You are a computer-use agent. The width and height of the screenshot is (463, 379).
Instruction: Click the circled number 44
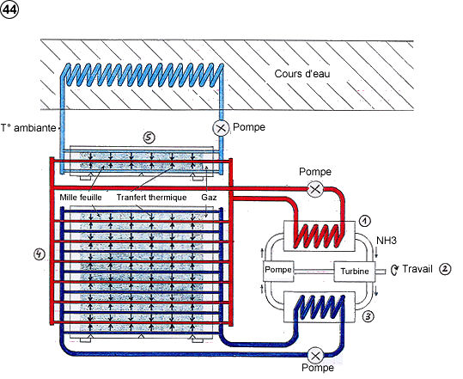[x=9, y=9]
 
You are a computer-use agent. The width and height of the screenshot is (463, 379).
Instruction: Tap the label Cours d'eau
[x=302, y=74]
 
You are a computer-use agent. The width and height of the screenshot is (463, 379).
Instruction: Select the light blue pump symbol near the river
[x=221, y=128]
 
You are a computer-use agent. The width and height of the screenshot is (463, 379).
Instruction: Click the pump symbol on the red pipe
[x=315, y=189]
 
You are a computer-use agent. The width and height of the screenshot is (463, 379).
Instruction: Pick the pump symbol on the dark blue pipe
[x=315, y=356]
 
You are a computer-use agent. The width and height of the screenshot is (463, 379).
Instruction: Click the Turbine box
[x=354, y=272]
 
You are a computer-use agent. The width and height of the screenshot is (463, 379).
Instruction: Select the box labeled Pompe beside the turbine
[x=278, y=271]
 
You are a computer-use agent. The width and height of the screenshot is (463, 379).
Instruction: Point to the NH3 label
[x=387, y=241]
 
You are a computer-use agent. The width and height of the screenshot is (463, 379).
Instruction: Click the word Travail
[x=417, y=269]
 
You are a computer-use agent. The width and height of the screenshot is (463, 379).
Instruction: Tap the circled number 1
[x=365, y=221]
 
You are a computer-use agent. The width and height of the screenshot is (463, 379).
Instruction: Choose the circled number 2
[x=445, y=269]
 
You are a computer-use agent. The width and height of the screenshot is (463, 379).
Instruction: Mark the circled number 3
[x=368, y=316]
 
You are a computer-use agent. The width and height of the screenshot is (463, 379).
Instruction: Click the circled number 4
[x=40, y=254]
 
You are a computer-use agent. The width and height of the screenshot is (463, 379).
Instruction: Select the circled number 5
[x=149, y=137]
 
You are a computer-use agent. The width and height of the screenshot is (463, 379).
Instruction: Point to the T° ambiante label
[x=28, y=128]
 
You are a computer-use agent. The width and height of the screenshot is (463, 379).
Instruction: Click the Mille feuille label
[x=81, y=198]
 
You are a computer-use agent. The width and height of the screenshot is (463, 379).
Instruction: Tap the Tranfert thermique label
[x=151, y=198]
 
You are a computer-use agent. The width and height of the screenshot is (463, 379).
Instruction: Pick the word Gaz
[x=209, y=198]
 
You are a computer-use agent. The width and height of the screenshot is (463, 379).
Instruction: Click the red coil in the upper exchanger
[x=319, y=235]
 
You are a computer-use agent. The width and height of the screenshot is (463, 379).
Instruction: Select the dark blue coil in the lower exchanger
[x=319, y=307]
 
